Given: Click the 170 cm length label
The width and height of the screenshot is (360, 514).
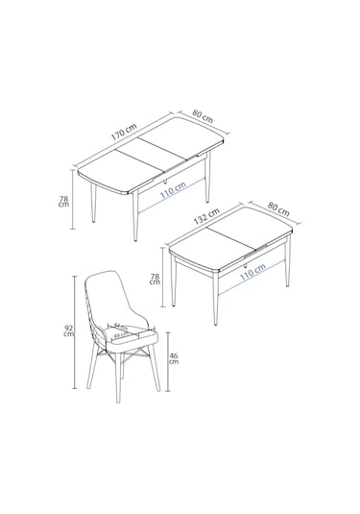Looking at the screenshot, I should [x=124, y=134].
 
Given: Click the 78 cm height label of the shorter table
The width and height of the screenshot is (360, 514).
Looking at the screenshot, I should [x=156, y=280].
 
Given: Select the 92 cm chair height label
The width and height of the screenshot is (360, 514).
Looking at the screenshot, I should [x=67, y=331].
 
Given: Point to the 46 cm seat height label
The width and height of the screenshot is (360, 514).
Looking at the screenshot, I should [x=174, y=362].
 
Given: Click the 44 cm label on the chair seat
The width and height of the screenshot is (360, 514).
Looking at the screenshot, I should [x=121, y=327].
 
